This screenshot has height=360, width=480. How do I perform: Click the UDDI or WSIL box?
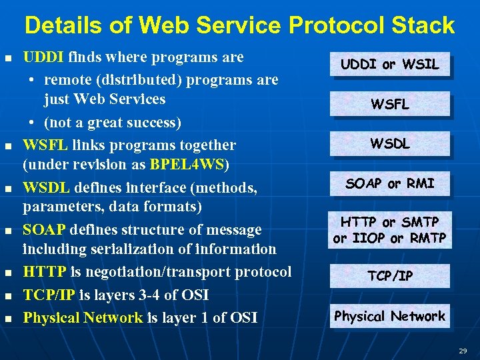point(390,65)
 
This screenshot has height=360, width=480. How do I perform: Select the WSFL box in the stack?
point(390,104)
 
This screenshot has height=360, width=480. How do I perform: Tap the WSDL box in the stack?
point(390,143)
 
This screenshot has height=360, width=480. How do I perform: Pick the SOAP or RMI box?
point(390,183)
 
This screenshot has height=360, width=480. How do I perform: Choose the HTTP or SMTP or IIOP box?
point(390,229)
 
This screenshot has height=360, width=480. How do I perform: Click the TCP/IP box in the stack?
point(390,276)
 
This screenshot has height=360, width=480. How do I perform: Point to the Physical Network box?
point(390,316)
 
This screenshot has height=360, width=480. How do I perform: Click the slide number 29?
point(462,351)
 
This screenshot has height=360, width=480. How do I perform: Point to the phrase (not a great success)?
point(113,123)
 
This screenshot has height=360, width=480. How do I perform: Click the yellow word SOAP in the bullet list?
point(44,230)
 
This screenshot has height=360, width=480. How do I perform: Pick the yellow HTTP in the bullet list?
point(44,272)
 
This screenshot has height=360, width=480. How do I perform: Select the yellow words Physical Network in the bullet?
point(83,317)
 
